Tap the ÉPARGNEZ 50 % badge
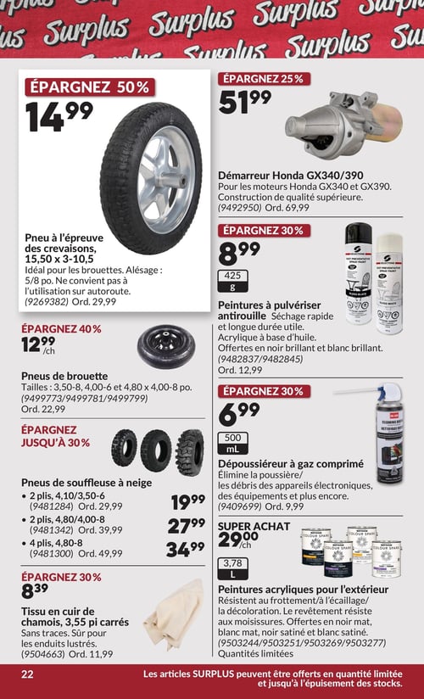tap(89, 87)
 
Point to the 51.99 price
tap(244, 103)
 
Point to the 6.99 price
tap(239, 415)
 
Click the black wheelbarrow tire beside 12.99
tap(165, 348)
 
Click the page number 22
tap(27, 674)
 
